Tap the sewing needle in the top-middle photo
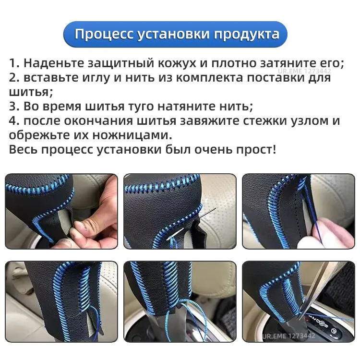point(192,224)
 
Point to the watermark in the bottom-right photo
point(289,336)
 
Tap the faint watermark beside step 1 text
point(304,71)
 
